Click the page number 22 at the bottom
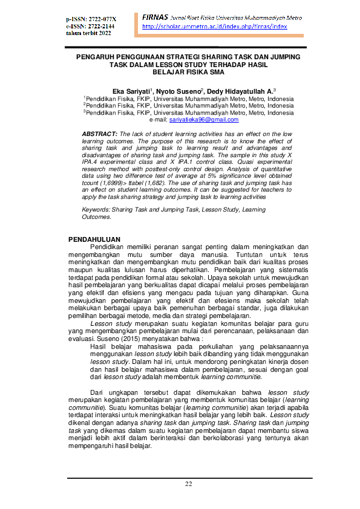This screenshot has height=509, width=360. tap(188, 484)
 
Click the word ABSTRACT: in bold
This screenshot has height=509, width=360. tap(99, 132)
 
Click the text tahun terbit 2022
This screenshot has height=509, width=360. tap(89, 33)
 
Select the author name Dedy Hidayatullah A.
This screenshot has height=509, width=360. tap(229, 89)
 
